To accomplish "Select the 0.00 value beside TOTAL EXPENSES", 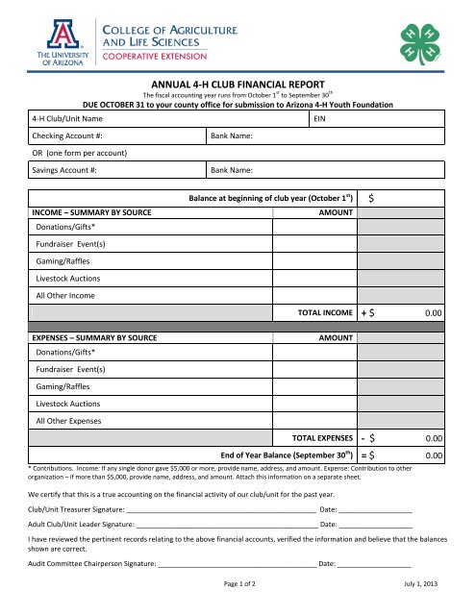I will pos(432,437).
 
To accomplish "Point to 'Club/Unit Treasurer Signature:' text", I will pos(84,509).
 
